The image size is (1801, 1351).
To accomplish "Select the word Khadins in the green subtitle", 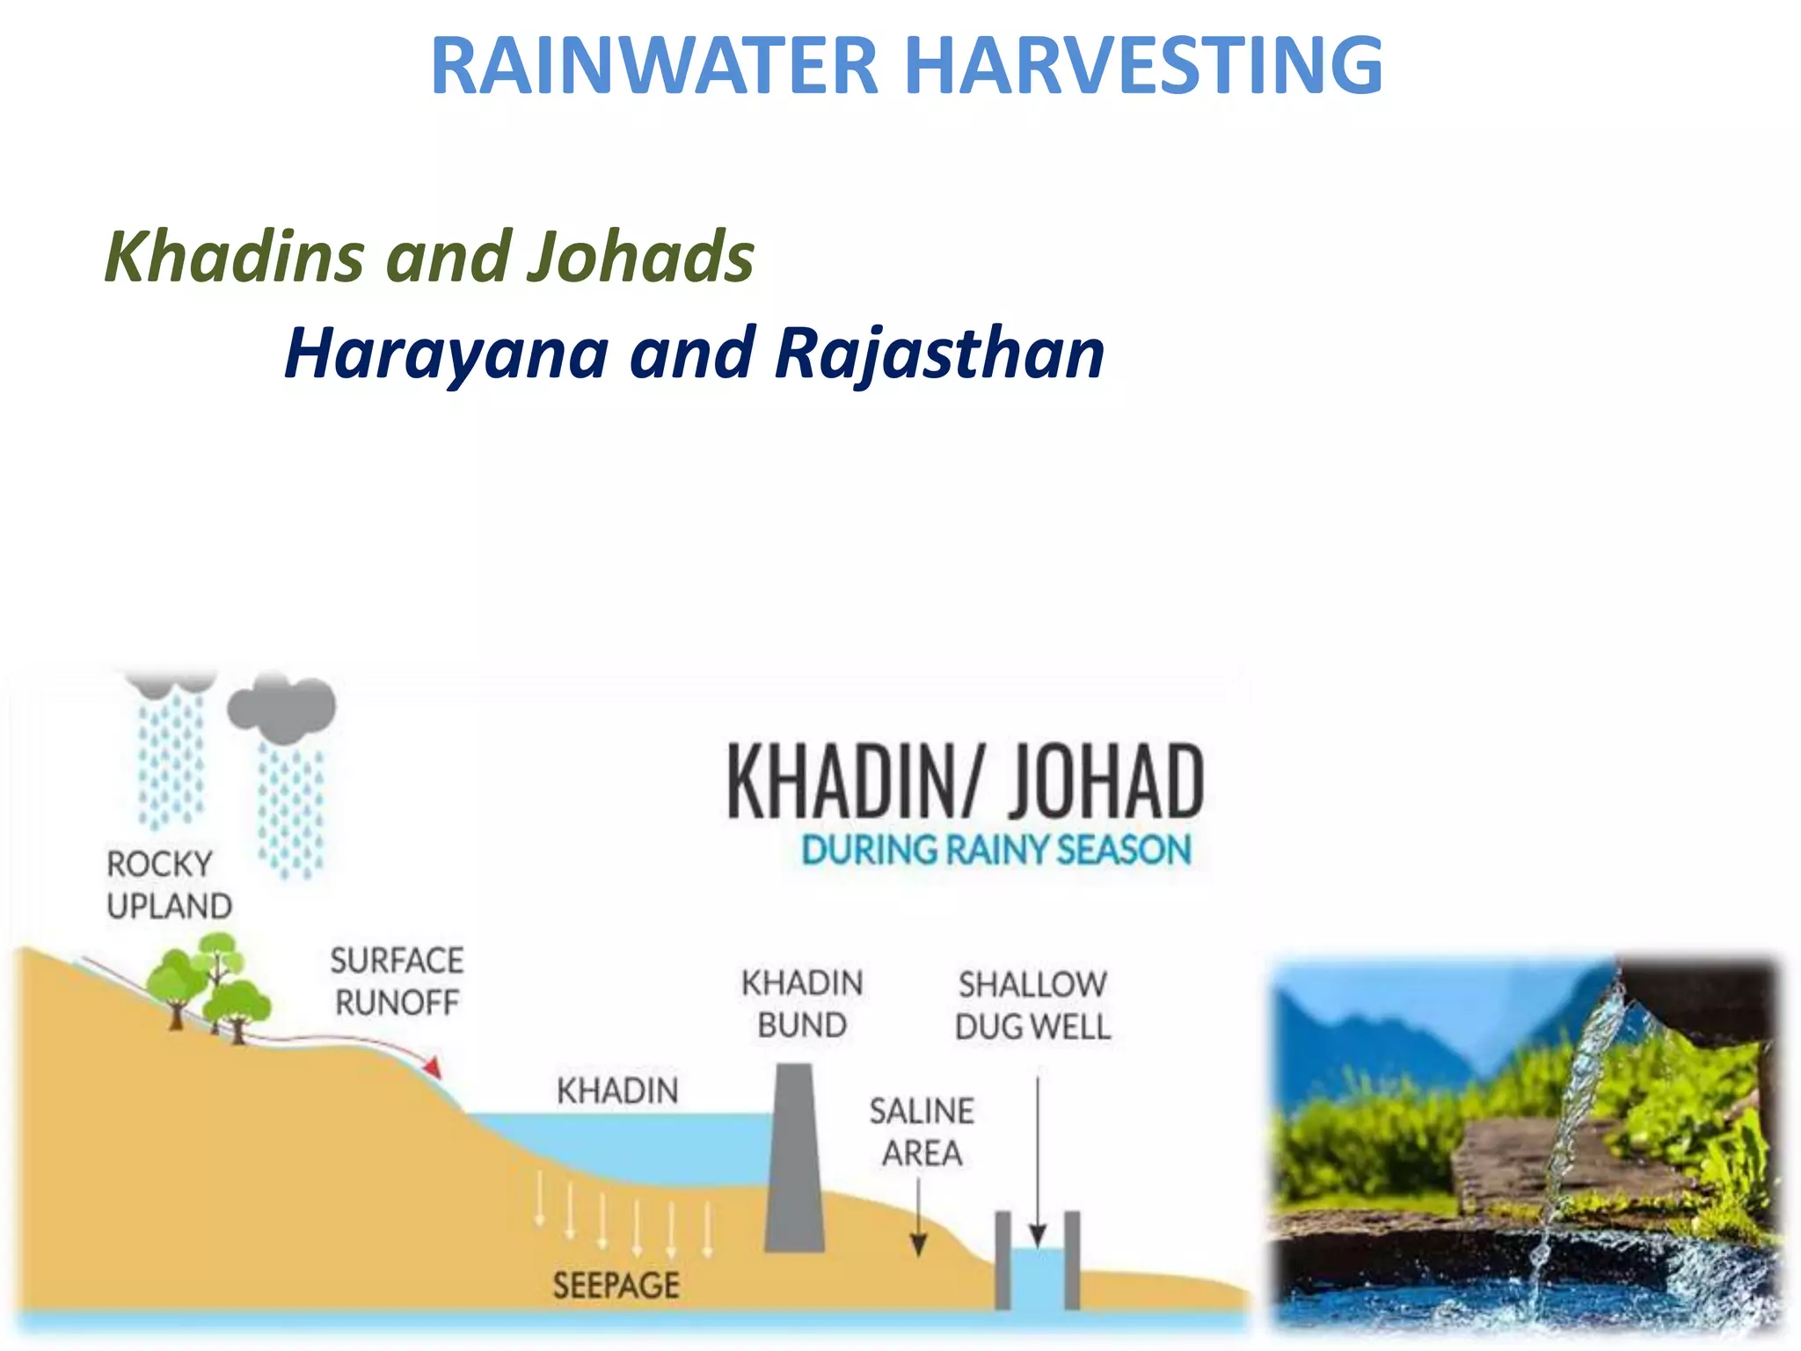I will tap(234, 257).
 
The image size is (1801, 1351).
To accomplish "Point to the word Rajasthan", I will tap(939, 354).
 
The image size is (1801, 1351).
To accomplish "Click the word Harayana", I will tap(447, 354).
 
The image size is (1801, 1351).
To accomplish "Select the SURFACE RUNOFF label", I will tap(397, 981).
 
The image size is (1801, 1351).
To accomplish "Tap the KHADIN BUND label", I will tap(802, 1004).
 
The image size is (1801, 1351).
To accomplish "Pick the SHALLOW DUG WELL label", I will tap(1032, 1005).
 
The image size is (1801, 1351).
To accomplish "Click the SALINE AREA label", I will tap(922, 1132).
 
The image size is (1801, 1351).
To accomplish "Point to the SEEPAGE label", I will tap(616, 1286).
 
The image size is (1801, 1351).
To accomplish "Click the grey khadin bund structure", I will tap(795, 1161).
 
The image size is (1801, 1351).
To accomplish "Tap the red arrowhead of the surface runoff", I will tap(432, 1069).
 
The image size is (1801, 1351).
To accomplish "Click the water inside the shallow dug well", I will tap(1037, 1280).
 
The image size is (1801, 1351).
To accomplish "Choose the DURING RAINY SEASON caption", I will tap(995, 851).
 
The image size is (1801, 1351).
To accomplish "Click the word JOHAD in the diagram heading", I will tap(1105, 781).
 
